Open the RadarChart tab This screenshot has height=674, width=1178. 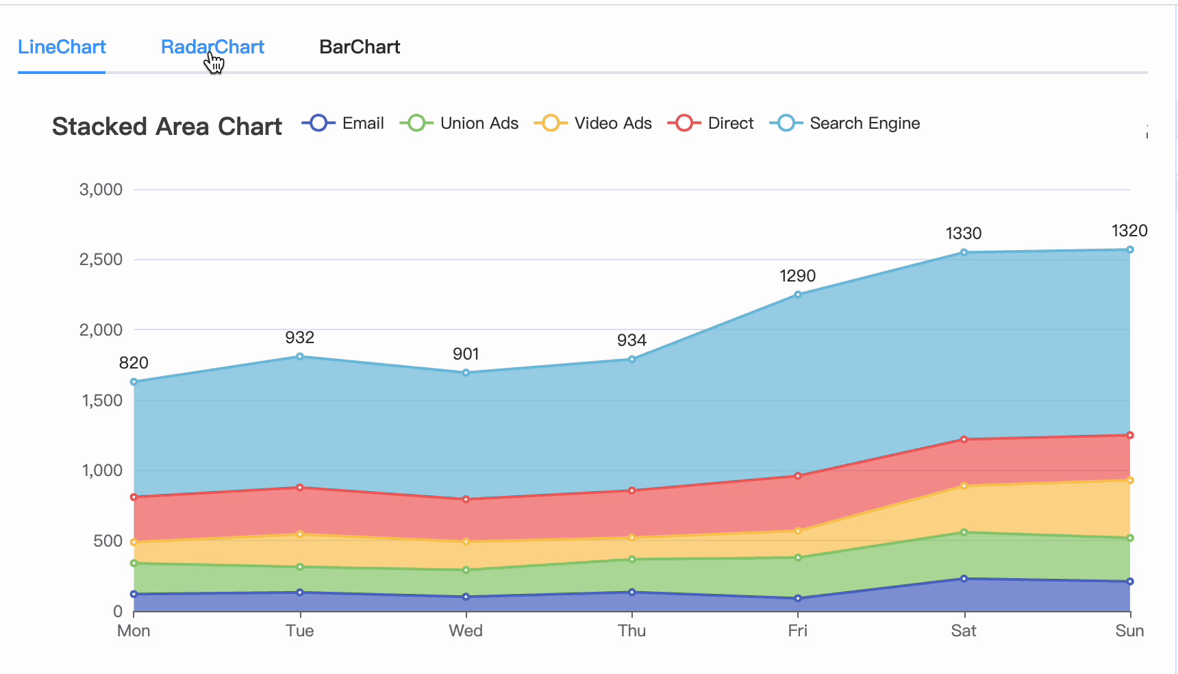(x=212, y=47)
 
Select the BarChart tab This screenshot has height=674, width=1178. (x=360, y=47)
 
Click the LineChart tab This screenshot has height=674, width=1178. (x=62, y=47)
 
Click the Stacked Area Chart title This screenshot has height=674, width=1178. (x=166, y=127)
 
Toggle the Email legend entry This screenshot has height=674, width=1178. (x=344, y=123)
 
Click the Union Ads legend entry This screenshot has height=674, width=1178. (x=460, y=123)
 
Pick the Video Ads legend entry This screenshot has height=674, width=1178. (x=594, y=123)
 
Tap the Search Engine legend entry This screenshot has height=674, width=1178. (x=846, y=123)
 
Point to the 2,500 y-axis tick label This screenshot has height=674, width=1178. (x=101, y=260)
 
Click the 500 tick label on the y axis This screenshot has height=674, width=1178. (x=108, y=541)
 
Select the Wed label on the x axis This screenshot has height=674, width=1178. (x=466, y=631)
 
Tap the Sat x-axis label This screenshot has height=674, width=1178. (x=964, y=631)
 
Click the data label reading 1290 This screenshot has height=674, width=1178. (x=798, y=276)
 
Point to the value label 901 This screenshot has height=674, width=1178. (x=466, y=354)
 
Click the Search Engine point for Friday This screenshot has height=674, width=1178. (x=798, y=295)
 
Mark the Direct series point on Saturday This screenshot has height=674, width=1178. (x=964, y=439)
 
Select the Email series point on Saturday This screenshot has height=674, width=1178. (x=964, y=579)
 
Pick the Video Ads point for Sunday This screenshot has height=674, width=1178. (x=1130, y=480)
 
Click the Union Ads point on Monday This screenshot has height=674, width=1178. (x=134, y=563)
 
